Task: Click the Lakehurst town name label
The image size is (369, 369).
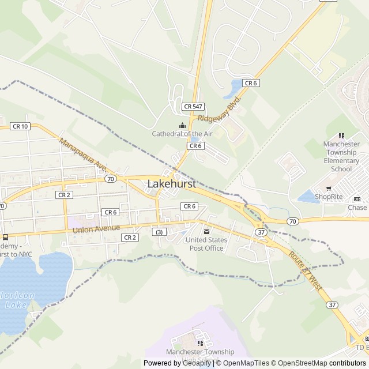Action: (x=172, y=184)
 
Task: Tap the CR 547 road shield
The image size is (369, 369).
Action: (x=193, y=107)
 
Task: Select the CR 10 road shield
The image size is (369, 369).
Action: (x=20, y=126)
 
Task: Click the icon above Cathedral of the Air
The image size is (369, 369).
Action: (x=182, y=125)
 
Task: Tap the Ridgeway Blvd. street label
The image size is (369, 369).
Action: (x=219, y=108)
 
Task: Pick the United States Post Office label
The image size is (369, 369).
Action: (x=206, y=244)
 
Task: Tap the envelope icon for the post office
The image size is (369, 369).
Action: (x=206, y=232)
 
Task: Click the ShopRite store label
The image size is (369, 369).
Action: (x=329, y=197)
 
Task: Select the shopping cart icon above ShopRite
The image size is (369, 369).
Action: (x=329, y=188)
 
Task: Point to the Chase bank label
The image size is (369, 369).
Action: (x=357, y=208)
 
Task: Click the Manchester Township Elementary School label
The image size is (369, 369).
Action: (x=341, y=156)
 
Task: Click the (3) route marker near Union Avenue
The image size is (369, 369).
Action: (x=158, y=232)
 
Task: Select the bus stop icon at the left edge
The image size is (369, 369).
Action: (x=5, y=237)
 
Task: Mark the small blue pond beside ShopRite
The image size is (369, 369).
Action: (x=308, y=197)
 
